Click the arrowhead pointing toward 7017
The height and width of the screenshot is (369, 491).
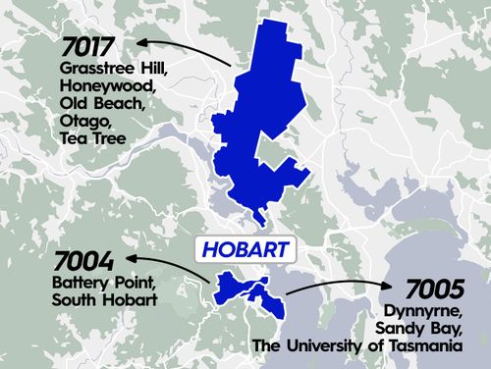click(x=141, y=42)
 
